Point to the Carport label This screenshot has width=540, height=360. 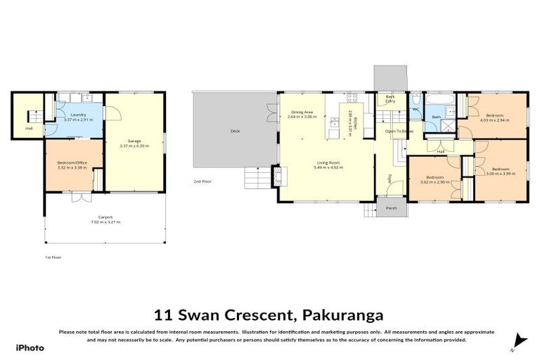tap(105, 217)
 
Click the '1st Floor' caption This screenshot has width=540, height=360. tap(53, 257)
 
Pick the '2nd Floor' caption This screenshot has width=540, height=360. tap(202, 181)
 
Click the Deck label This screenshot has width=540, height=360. tap(235, 131)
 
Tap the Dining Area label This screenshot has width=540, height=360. tap(302, 112)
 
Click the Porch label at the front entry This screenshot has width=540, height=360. tap(391, 207)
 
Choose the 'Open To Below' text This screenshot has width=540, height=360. tap(399, 131)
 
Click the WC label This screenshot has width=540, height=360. tap(415, 109)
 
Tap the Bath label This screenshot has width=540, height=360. tap(436, 117)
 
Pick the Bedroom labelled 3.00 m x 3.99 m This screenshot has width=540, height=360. tap(500, 173)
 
